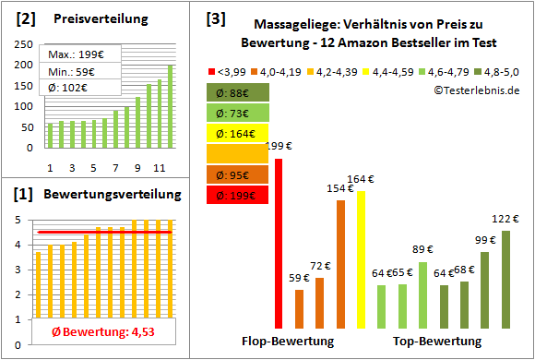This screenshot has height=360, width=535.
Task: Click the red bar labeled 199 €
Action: click(x=279, y=243)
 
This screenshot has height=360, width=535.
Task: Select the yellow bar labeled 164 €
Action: click(x=362, y=259)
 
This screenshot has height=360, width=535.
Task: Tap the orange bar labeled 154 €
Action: click(x=340, y=264)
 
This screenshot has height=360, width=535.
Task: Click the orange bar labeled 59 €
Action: click(x=299, y=309)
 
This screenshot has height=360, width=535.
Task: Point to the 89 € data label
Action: click(x=422, y=250)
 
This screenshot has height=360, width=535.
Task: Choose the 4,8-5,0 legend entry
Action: click(x=497, y=70)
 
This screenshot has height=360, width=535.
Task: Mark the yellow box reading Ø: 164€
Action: click(x=237, y=132)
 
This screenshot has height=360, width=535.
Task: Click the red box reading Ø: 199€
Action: click(x=237, y=194)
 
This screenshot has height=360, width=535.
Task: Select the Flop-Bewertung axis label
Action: click(x=288, y=342)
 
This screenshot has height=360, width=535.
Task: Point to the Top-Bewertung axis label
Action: click(x=437, y=342)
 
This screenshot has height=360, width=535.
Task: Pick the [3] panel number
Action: click(x=215, y=18)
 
